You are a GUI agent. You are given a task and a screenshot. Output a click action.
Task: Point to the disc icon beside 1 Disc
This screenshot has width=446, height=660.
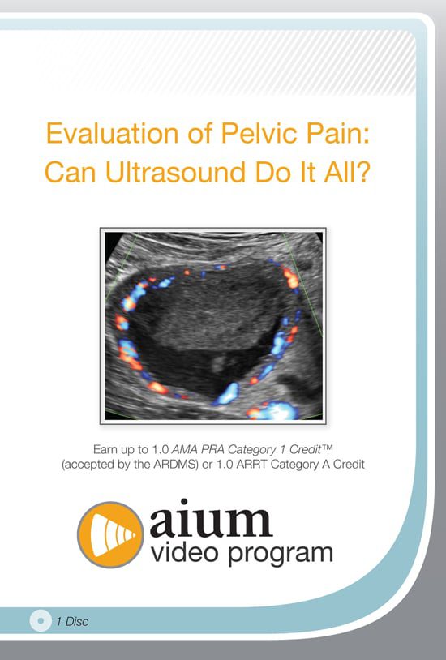point(38,621)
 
